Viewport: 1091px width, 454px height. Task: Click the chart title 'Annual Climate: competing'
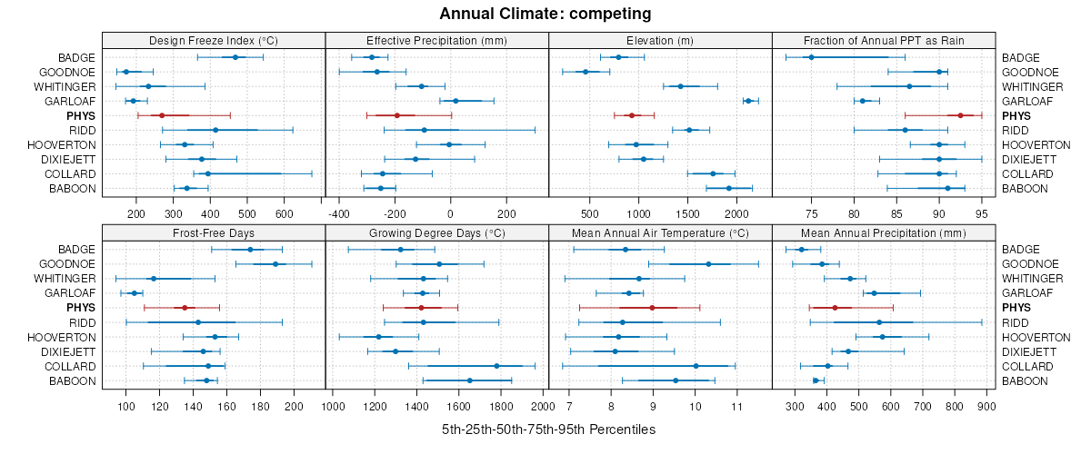click(545, 14)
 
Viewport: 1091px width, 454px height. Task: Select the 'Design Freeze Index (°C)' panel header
click(214, 40)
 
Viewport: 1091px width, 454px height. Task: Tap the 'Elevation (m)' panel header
click(660, 40)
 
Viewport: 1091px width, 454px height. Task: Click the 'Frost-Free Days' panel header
click(214, 232)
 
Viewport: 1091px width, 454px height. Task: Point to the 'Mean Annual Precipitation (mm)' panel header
click(884, 232)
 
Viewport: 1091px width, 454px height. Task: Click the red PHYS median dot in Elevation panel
click(632, 115)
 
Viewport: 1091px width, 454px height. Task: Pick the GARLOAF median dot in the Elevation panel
click(748, 101)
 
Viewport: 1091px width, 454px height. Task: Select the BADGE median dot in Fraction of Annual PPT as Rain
click(811, 57)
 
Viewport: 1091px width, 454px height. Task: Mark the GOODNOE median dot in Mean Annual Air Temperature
click(708, 264)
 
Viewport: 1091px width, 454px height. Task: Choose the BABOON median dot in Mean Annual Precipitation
click(816, 380)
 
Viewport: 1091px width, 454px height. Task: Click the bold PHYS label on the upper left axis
click(79, 116)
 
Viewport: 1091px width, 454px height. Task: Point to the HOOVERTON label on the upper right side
click(1036, 145)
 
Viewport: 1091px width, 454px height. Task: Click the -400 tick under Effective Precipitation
click(339, 214)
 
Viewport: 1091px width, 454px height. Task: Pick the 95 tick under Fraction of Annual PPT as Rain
click(982, 214)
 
